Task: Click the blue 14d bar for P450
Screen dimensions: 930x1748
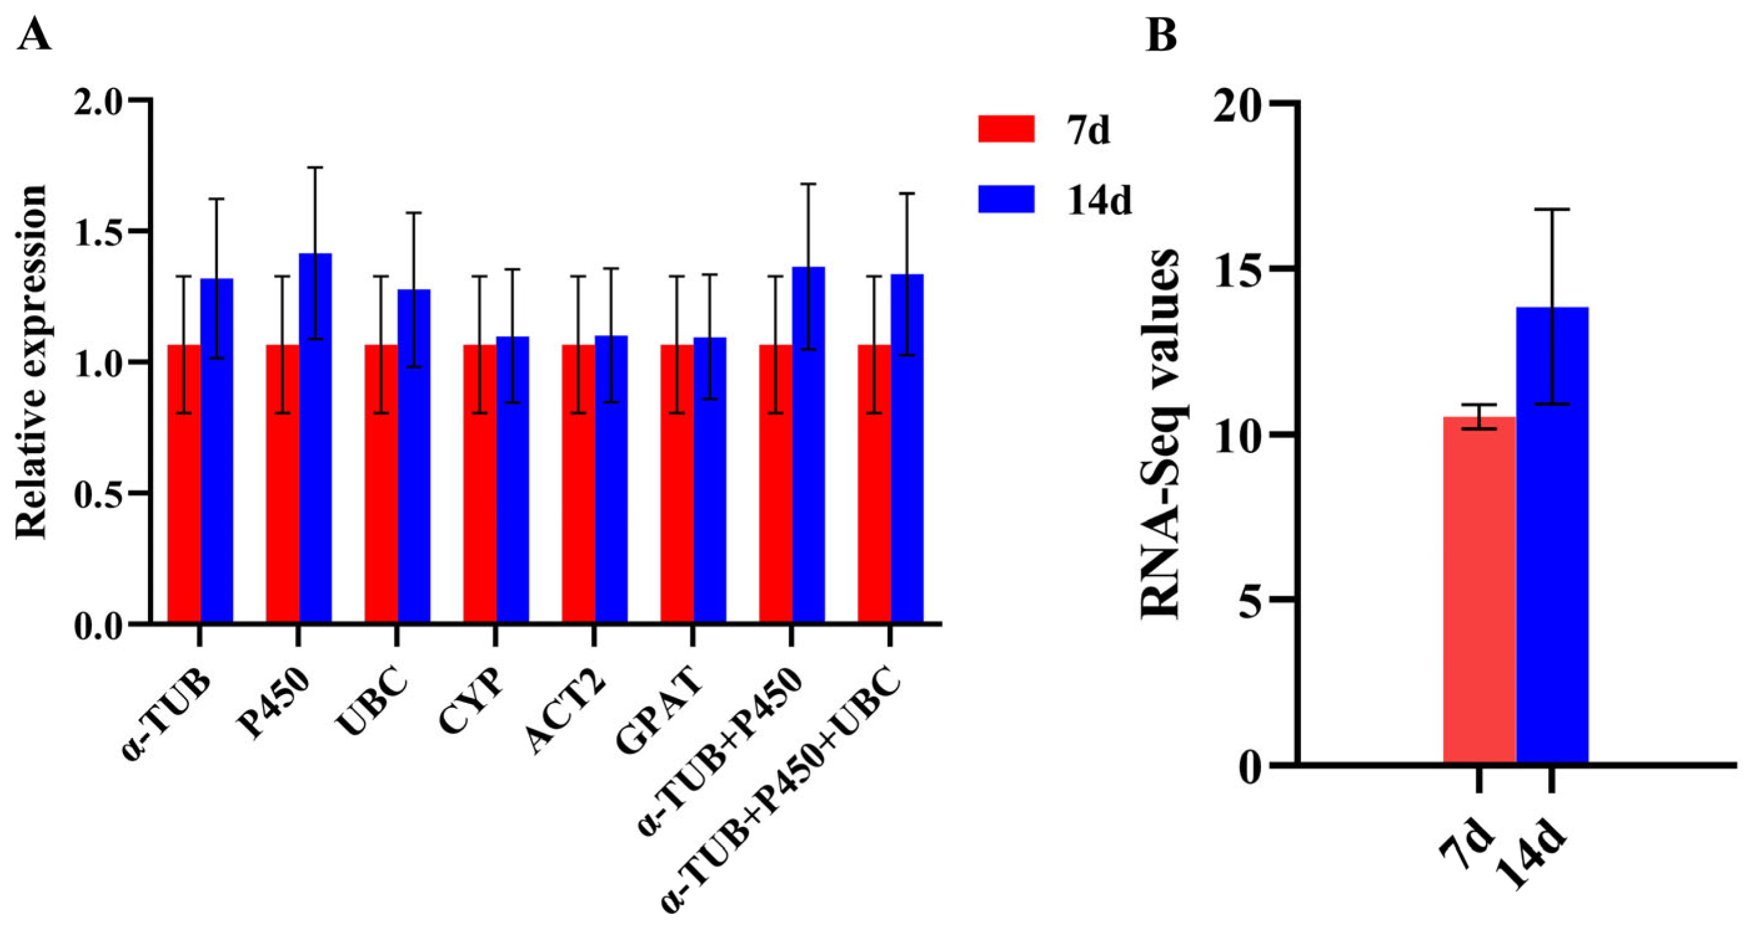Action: (315, 441)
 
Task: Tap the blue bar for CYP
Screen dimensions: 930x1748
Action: (513, 482)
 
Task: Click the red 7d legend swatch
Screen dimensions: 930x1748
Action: (1006, 129)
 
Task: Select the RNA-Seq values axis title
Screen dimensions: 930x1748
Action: (1161, 434)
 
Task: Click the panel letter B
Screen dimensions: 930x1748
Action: (1161, 36)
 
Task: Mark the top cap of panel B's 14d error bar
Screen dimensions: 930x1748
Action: (1552, 210)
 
